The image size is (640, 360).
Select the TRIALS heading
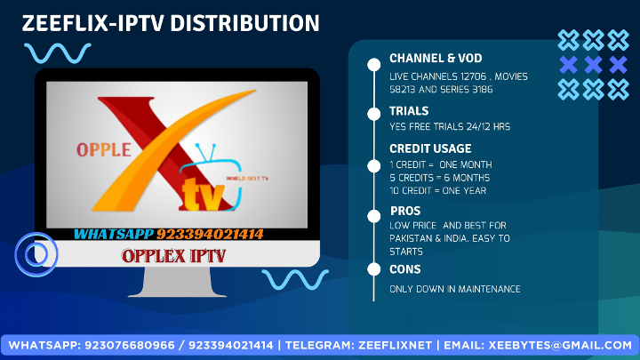pyautogui.click(x=409, y=111)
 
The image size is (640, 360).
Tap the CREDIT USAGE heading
pyautogui.click(x=430, y=148)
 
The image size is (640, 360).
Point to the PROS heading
pyautogui.click(x=405, y=211)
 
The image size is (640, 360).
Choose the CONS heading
pyautogui.click(x=405, y=269)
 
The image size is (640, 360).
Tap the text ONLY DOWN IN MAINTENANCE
pyautogui.click(x=454, y=290)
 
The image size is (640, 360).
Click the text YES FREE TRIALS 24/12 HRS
pyautogui.click(x=450, y=126)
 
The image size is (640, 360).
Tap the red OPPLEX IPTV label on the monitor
pyautogui.click(x=173, y=256)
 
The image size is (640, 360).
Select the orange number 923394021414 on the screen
pyautogui.click(x=210, y=235)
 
